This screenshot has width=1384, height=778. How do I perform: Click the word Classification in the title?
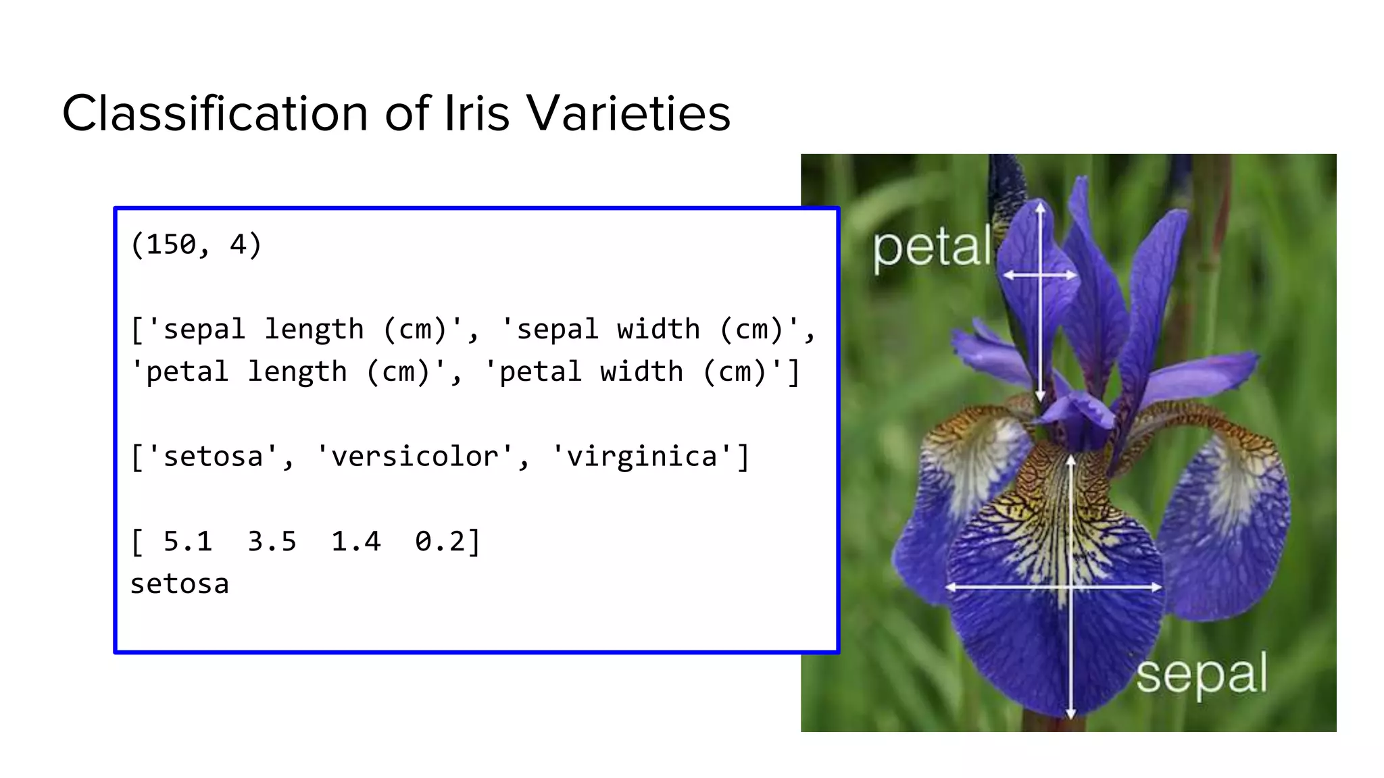pyautogui.click(x=215, y=113)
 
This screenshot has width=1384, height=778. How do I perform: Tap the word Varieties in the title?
pyautogui.click(x=628, y=113)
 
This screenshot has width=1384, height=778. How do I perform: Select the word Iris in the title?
pyautogui.click(x=477, y=113)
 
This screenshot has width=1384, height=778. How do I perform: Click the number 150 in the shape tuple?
pyautogui.click(x=171, y=244)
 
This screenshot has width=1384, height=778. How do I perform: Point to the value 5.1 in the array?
pyautogui.click(x=187, y=542)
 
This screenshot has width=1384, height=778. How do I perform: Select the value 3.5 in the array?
pyautogui.click(x=272, y=542)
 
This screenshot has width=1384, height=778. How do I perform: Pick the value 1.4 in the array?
pyautogui.click(x=355, y=542)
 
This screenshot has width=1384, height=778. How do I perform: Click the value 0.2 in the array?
pyautogui.click(x=439, y=542)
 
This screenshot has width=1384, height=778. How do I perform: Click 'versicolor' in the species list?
pyautogui.click(x=415, y=457)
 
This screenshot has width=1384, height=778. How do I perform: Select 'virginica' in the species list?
pyautogui.click(x=642, y=457)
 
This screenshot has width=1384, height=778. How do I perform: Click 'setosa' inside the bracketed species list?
pyautogui.click(x=213, y=457)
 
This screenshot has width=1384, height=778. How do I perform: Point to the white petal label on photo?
pyautogui.click(x=932, y=249)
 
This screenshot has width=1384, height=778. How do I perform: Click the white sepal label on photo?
pyautogui.click(x=1202, y=675)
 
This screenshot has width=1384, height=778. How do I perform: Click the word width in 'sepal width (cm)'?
pyautogui.click(x=658, y=330)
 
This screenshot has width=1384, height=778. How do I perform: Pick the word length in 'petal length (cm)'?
pyautogui.click(x=297, y=372)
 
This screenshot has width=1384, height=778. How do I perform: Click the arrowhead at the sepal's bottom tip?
pyautogui.click(x=1070, y=713)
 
